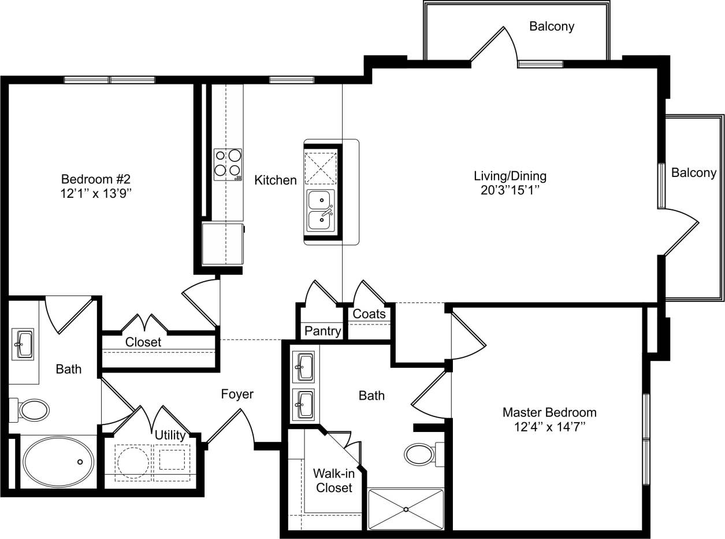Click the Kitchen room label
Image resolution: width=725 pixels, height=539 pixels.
(276, 180)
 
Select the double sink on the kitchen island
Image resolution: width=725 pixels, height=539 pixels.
(320, 209)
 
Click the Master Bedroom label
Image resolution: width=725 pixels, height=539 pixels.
(549, 412)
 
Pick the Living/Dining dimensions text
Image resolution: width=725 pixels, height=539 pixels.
(510, 190)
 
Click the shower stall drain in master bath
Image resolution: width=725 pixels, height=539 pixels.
(406, 509)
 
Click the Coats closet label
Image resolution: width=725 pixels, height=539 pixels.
(369, 314)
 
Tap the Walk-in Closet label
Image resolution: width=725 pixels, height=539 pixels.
(333, 481)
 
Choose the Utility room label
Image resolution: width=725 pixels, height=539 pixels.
(170, 435)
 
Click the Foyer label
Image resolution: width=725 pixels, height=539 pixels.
(237, 394)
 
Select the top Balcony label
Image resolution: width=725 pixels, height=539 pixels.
(551, 27)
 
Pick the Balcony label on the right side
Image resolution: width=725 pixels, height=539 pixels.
(693, 173)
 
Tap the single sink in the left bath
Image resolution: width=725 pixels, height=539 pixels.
(23, 344)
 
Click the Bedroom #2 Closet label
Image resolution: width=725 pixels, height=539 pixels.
(143, 342)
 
